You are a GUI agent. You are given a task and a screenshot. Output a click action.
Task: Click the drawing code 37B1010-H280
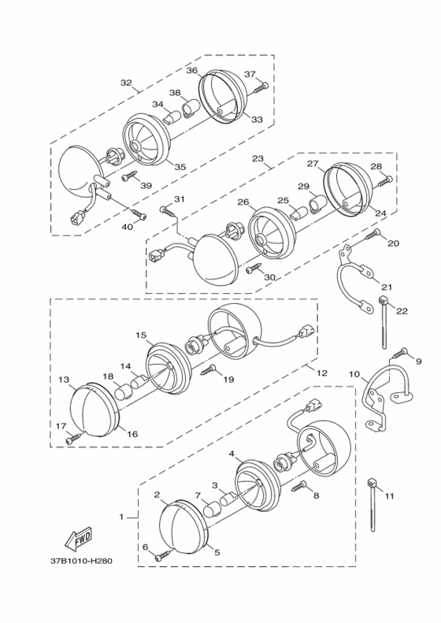pyautogui.click(x=81, y=562)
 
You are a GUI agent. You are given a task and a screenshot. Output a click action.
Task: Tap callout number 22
pyautogui.click(x=402, y=311)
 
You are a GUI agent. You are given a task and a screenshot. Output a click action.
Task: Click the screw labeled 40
pyautogui.click(x=136, y=213)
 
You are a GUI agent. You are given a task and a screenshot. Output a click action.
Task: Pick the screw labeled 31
pyautogui.click(x=169, y=211)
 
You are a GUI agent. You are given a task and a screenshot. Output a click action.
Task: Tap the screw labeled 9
pyautogui.click(x=399, y=353)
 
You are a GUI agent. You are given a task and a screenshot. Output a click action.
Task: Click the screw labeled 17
pyautogui.click(x=75, y=438)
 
